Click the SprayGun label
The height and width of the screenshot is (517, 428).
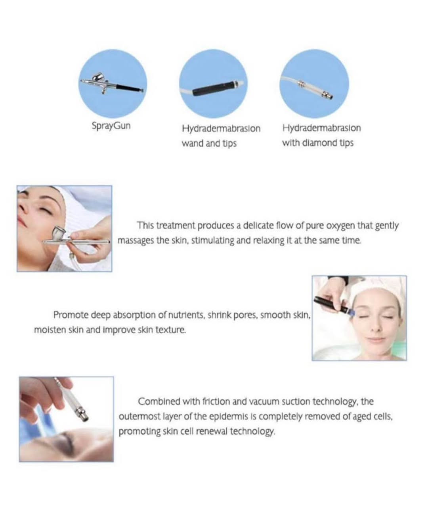click(x=111, y=126)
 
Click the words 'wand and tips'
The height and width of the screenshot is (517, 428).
click(x=209, y=143)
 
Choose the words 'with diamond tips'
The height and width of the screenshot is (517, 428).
click(x=318, y=143)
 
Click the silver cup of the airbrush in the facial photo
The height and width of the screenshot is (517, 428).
click(x=58, y=233)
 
